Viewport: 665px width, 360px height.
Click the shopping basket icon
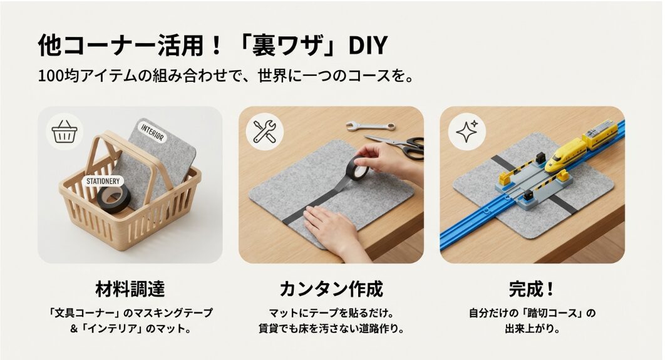(x=64, y=132)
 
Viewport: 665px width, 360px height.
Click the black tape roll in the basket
(x=113, y=198)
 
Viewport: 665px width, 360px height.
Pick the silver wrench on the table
(x=369, y=126)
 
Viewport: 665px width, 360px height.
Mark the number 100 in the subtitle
(x=50, y=77)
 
